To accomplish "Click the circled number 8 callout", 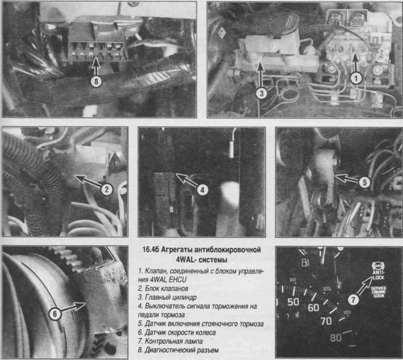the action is [x=96, y=82].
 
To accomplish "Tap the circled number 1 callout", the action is [x=356, y=78].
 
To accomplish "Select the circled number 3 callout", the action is [x=262, y=93].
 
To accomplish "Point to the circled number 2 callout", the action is [x=107, y=190].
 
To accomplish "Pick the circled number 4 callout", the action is [x=202, y=190].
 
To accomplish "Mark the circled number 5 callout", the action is [x=364, y=182].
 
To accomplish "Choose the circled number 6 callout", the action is [x=54, y=313].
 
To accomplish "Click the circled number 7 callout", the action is [x=354, y=300].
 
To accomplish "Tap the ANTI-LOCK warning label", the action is [x=379, y=275].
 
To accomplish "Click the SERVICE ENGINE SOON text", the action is [x=379, y=292].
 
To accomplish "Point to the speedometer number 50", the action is [x=293, y=302].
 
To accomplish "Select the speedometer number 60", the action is [x=313, y=308].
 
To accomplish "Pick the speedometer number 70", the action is [x=326, y=321].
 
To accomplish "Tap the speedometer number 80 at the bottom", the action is [x=336, y=337].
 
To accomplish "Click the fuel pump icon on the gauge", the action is [x=305, y=263].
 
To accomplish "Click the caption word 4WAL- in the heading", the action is [x=186, y=259].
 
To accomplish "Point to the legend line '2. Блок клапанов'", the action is [x=163, y=288].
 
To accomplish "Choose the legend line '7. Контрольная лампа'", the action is [x=170, y=341].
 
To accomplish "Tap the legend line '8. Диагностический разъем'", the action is [x=178, y=350].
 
